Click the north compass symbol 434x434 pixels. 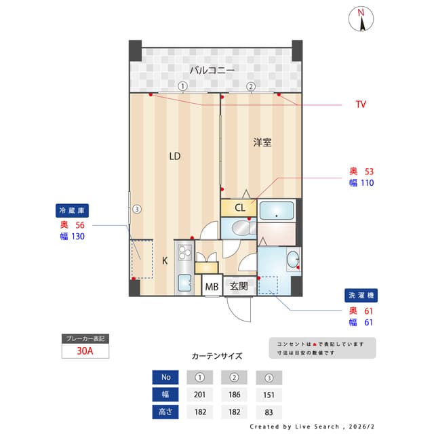[361, 19]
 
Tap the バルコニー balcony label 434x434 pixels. [212, 69]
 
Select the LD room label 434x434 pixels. [175, 157]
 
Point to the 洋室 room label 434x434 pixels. [262, 142]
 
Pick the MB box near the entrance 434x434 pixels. [212, 286]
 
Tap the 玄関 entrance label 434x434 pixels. [238, 286]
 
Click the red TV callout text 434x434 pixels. [361, 104]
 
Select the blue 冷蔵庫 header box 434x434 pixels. [73, 210]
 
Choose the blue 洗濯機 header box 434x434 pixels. [361, 296]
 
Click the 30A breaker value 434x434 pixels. [85, 351]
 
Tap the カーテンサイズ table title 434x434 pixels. [216, 355]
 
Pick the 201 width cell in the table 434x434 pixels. [199, 395]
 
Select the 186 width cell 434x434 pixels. [235, 395]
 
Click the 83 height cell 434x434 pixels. [269, 412]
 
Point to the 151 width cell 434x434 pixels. [269, 395]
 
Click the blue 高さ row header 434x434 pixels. [165, 412]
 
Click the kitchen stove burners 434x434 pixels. [184, 254]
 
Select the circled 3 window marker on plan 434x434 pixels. [137, 209]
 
